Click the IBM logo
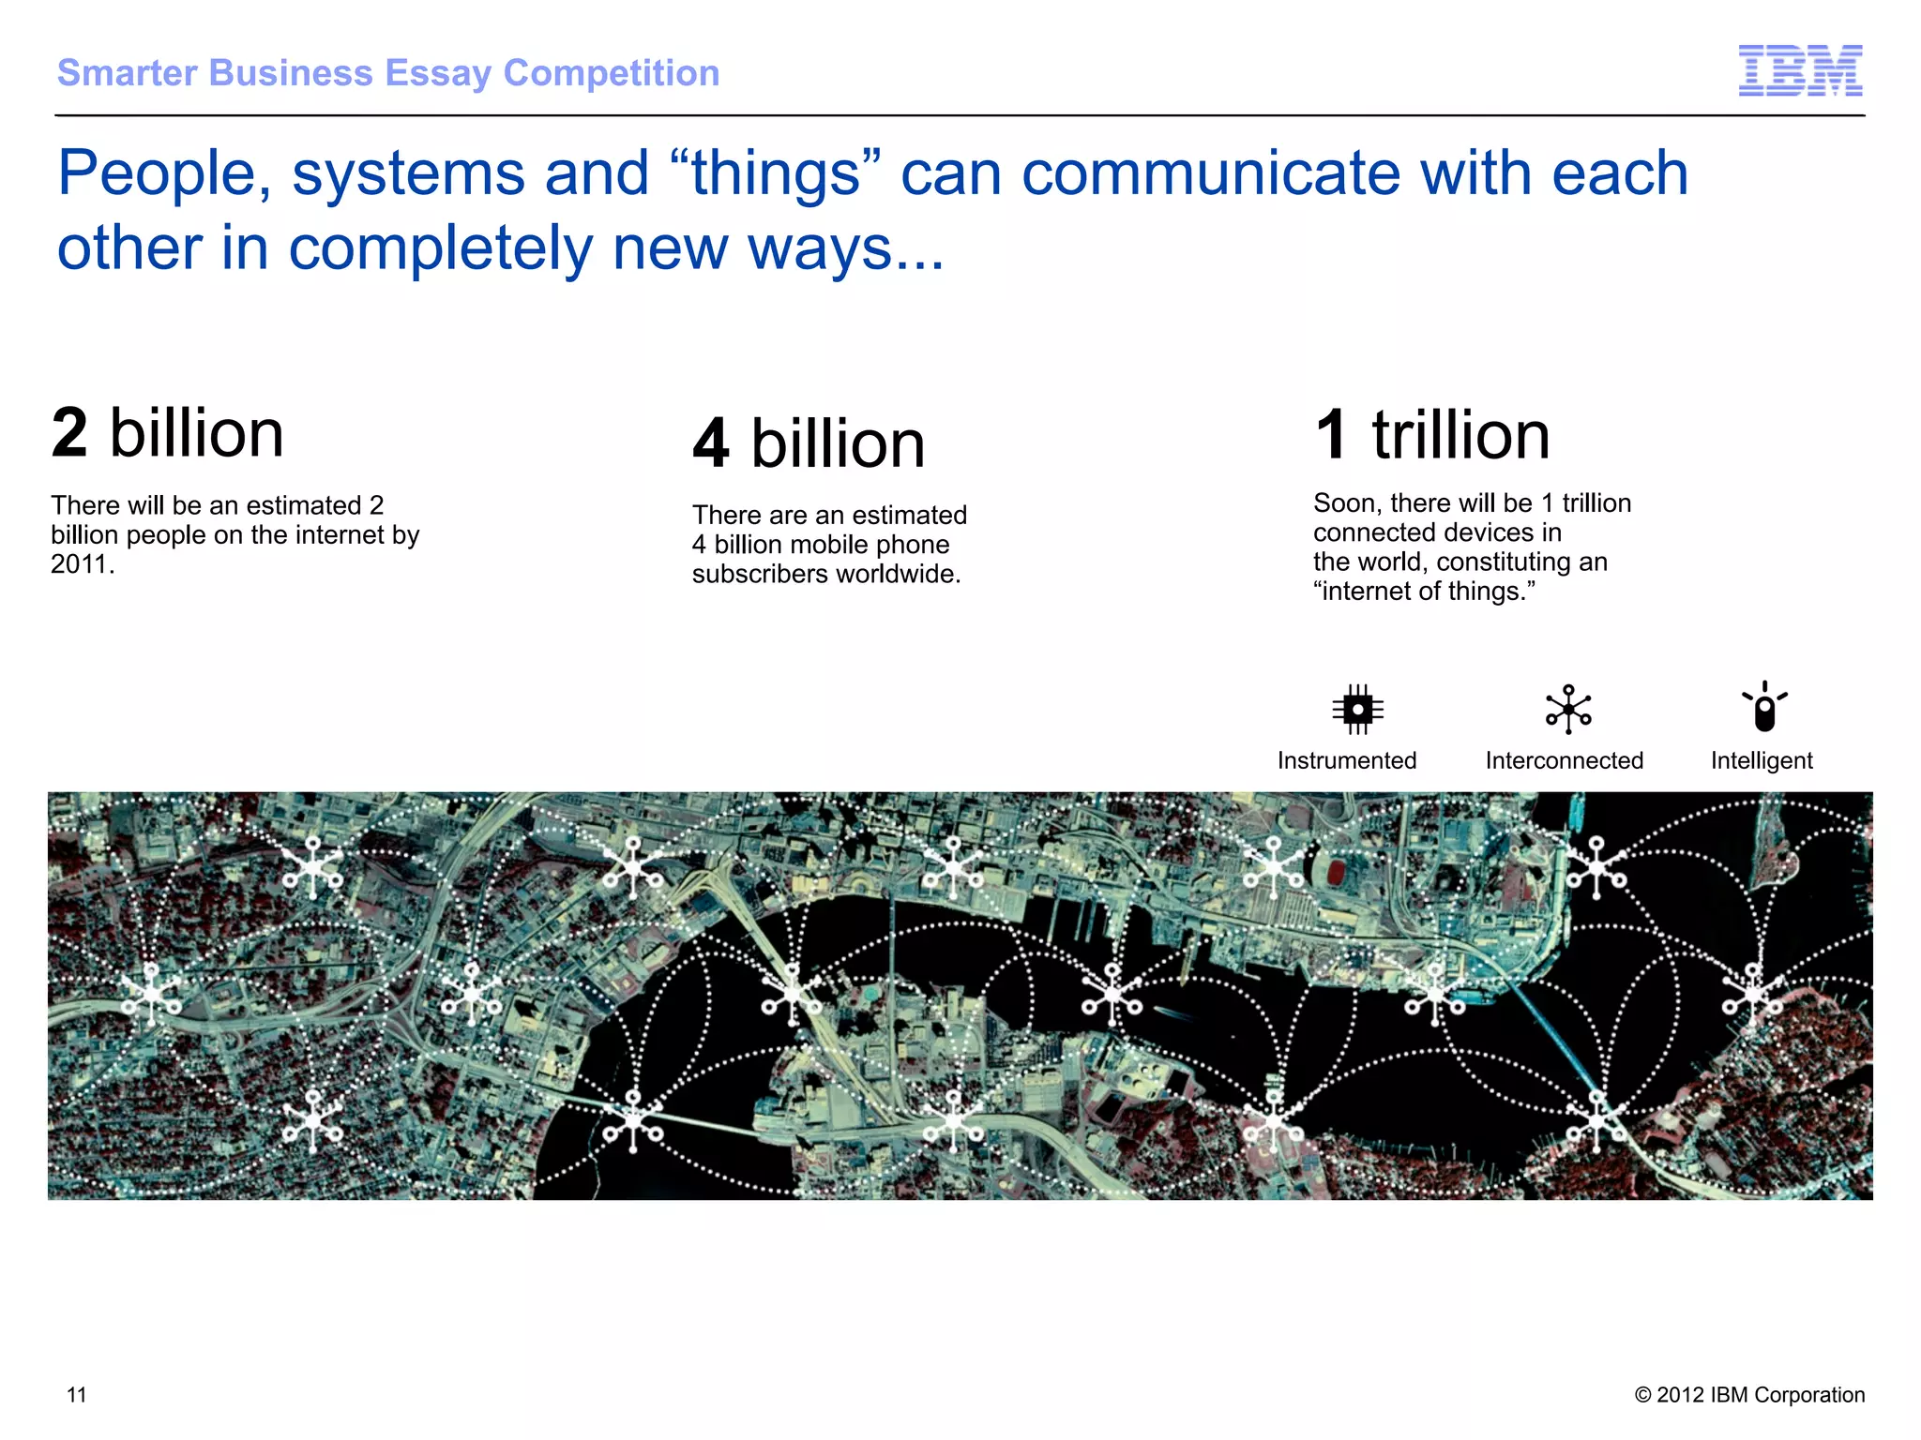tap(1800, 70)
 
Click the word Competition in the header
tap(612, 73)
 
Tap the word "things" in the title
tap(776, 173)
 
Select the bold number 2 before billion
tap(70, 433)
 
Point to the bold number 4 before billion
tap(711, 443)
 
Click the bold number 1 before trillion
tap(1332, 435)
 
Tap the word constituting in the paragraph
tap(1506, 562)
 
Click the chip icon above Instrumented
tap(1357, 709)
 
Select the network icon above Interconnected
tap(1568, 710)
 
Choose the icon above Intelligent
tap(1764, 707)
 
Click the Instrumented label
tap(1347, 760)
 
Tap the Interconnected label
tap(1565, 760)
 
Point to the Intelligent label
tap(1762, 760)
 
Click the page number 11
tap(77, 1395)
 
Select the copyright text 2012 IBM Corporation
tap(1750, 1395)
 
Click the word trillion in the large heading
tap(1460, 435)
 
